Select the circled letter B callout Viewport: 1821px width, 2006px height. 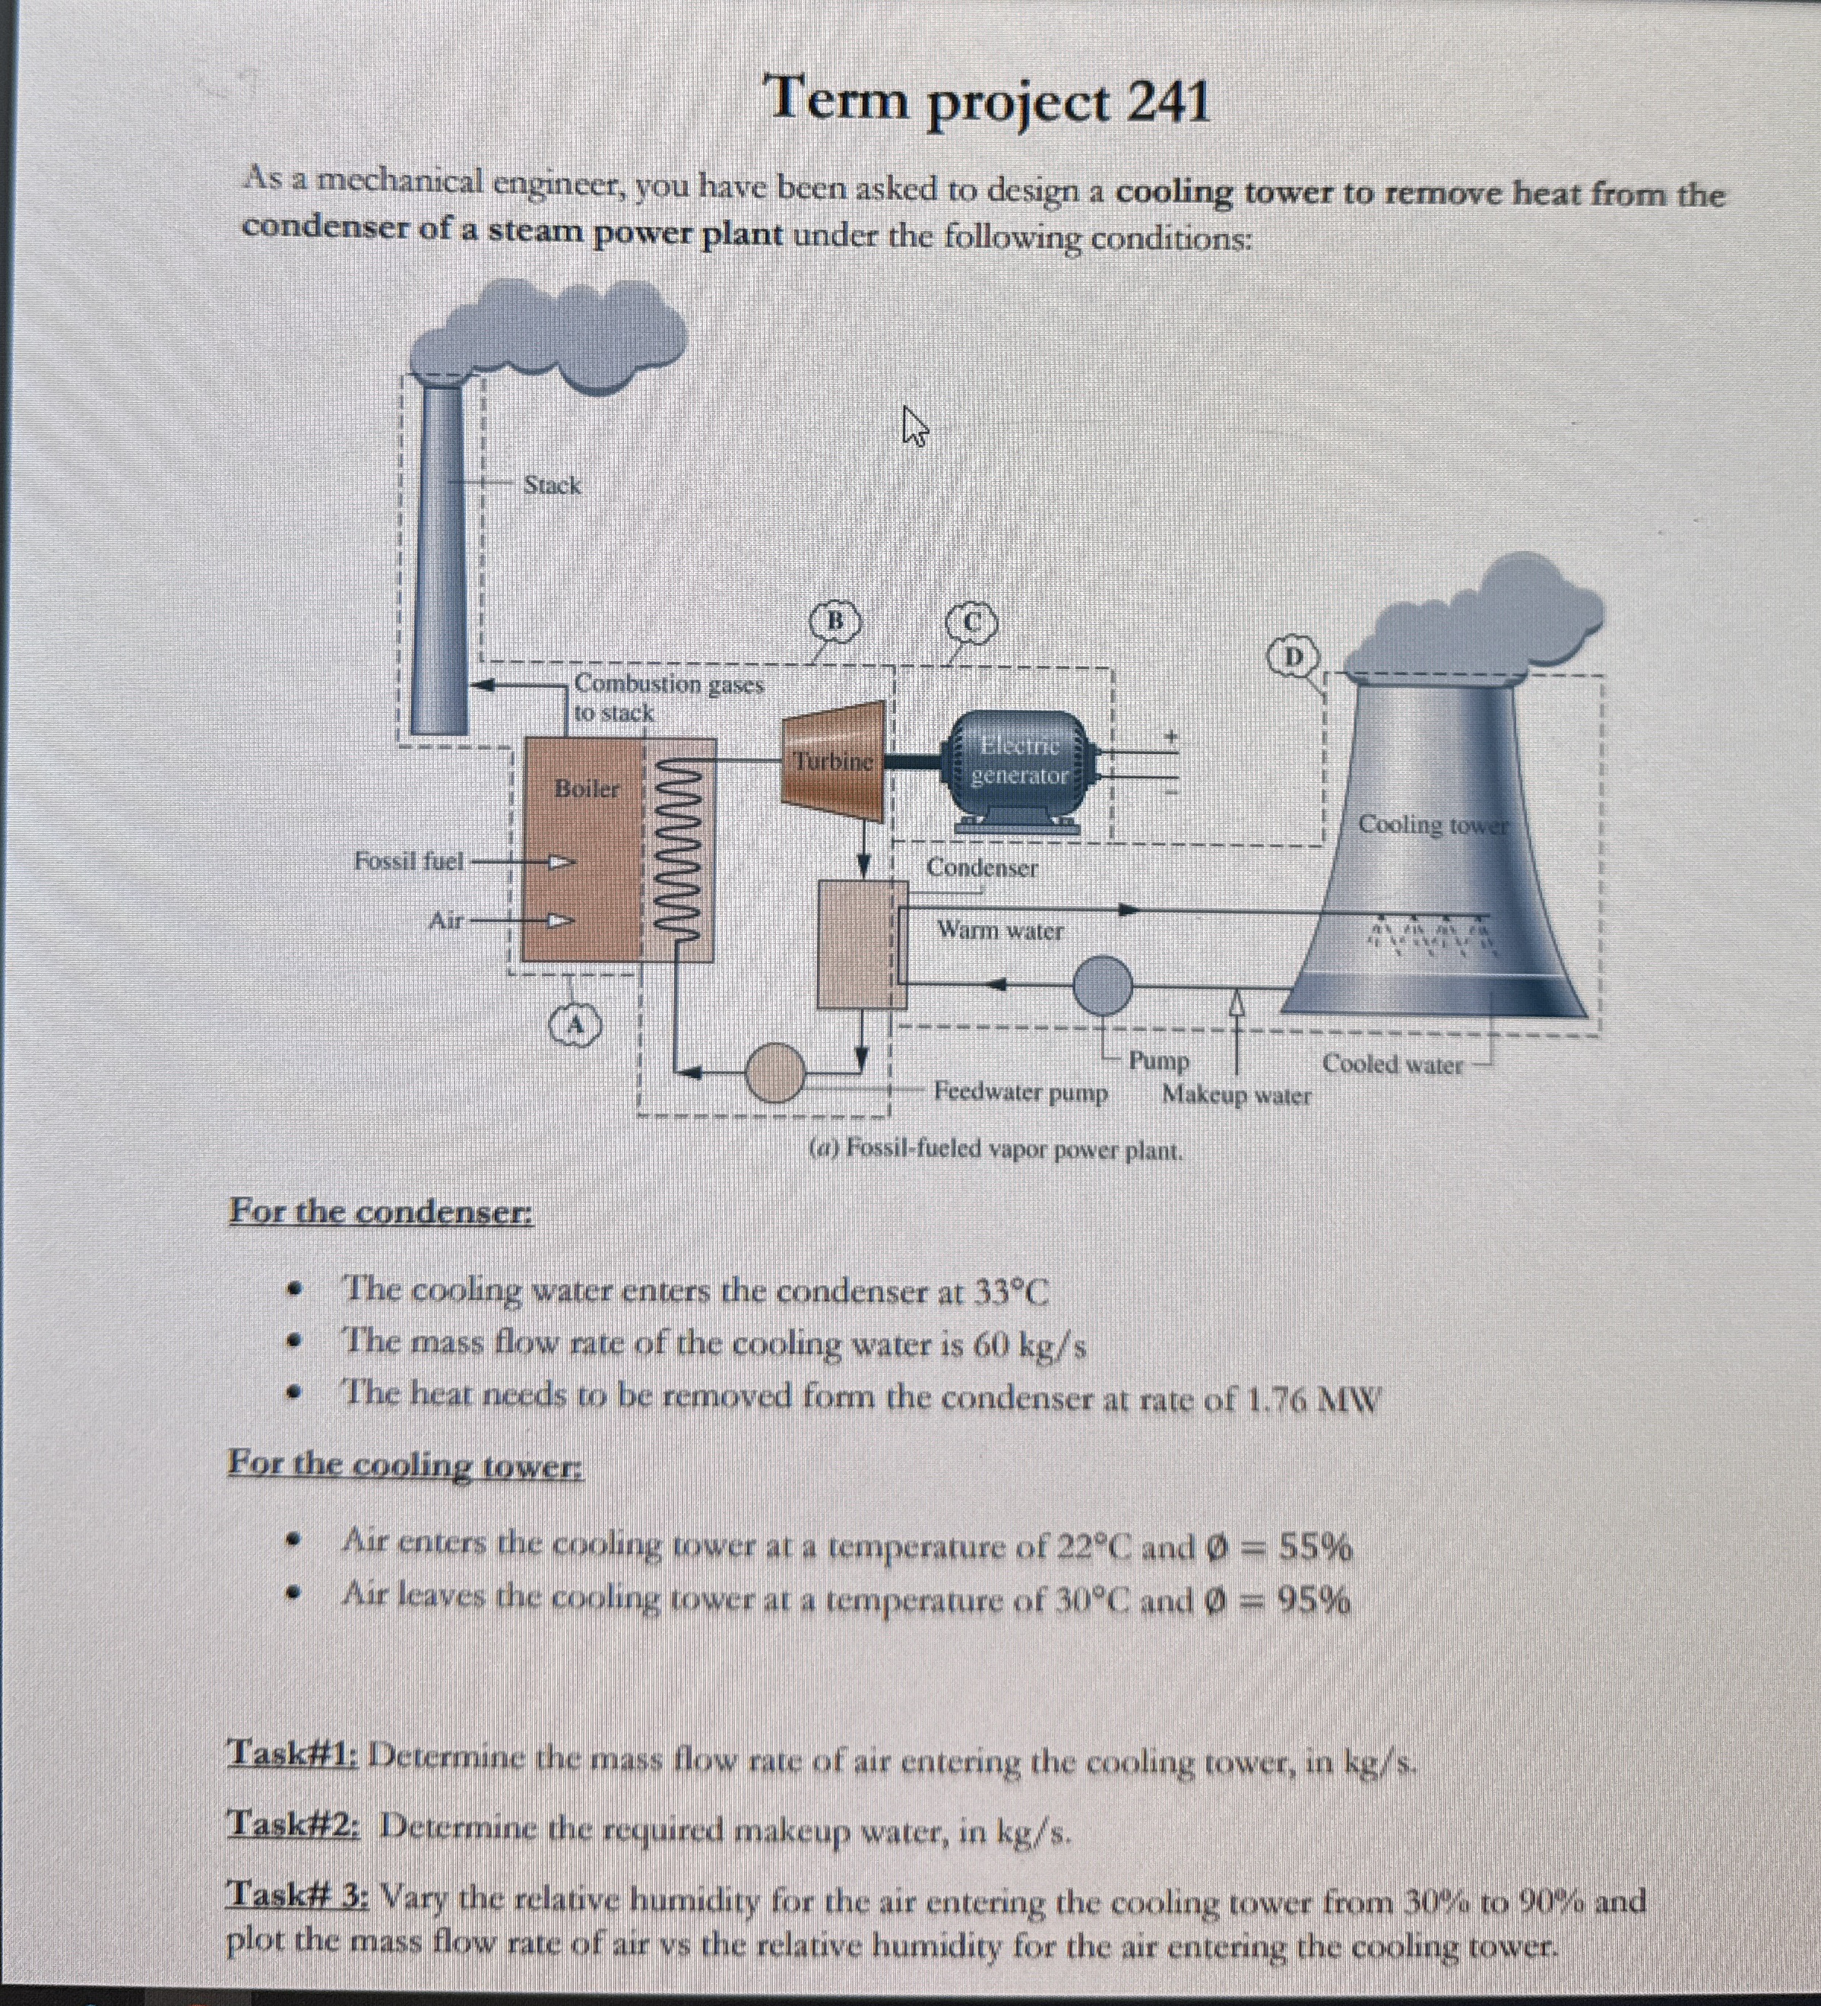coord(836,621)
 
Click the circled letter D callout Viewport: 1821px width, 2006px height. coord(1294,657)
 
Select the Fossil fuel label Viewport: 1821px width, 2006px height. coord(409,860)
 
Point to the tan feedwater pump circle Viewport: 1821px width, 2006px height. coord(775,1072)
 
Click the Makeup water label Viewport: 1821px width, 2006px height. coord(1236,1095)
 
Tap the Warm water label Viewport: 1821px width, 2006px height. coord(1000,931)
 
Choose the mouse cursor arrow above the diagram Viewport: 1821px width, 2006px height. coord(914,425)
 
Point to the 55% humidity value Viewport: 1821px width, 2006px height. coord(1313,1548)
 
